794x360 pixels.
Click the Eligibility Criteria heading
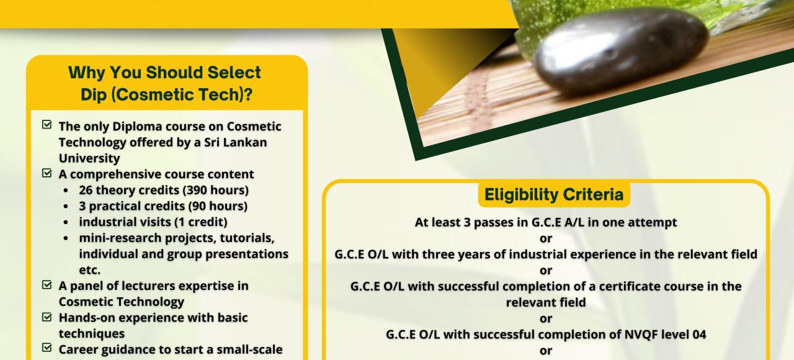tap(554, 195)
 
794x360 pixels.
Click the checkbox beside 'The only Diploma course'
tap(47, 125)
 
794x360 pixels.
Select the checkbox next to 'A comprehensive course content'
tap(47, 173)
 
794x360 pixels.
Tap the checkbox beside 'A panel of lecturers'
tap(47, 284)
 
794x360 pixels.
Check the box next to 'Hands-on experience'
tap(47, 317)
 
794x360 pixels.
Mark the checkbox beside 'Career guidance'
tap(47, 348)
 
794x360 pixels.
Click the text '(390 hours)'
tap(215, 190)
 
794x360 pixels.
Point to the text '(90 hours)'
tap(218, 206)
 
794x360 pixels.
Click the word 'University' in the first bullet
tap(89, 158)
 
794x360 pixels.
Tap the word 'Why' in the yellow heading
tap(86, 73)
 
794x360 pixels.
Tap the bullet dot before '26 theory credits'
tap(66, 191)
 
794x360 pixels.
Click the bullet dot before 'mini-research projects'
tap(66, 238)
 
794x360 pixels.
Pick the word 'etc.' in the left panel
tap(90, 270)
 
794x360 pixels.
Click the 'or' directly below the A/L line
tap(546, 239)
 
